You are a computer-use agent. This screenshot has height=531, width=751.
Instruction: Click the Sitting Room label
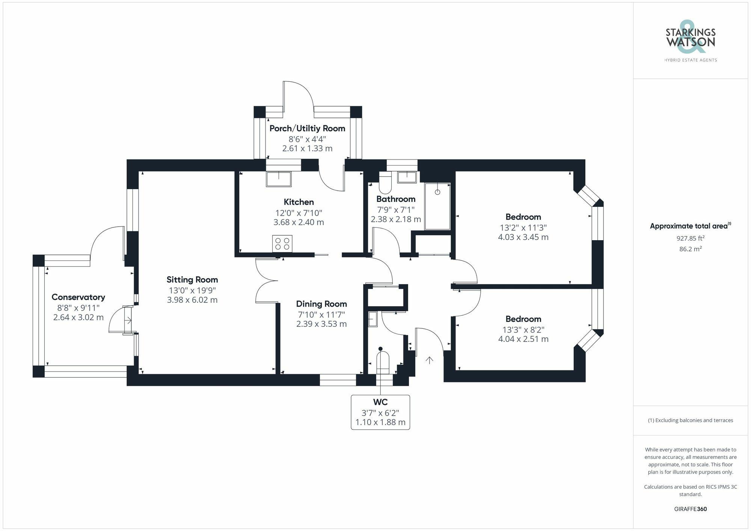pos(192,280)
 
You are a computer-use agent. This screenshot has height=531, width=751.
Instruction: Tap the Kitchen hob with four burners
pos(282,244)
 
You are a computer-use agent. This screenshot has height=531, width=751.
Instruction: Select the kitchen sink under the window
pos(279,179)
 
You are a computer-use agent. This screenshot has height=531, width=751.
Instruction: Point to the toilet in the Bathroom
pos(385,183)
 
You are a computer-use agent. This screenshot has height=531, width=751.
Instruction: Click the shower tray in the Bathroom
pos(437,206)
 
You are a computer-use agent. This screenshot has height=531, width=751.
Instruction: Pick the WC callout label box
pos(380,412)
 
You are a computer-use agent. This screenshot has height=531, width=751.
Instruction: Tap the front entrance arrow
pos(429,360)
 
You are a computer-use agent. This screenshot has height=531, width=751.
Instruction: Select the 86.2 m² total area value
pos(690,249)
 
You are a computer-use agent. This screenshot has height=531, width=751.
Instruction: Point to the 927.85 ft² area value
pos(690,238)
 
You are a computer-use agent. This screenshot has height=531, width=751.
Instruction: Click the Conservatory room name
pos(78,297)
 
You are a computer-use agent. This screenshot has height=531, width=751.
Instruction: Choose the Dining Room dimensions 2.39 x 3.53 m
pos(321,324)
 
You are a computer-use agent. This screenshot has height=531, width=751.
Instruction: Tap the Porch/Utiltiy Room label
pos(307,128)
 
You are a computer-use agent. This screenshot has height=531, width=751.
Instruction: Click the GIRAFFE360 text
pos(690,509)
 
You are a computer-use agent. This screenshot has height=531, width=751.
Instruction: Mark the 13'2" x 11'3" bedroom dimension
pos(523,228)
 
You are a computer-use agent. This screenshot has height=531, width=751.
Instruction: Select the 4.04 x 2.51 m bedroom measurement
pos(523,339)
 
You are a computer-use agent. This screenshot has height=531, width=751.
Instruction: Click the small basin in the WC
pos(372,319)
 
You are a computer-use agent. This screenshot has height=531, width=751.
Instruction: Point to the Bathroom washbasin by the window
pos(407,177)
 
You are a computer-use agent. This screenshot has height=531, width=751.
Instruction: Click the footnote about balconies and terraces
pos(690,420)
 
